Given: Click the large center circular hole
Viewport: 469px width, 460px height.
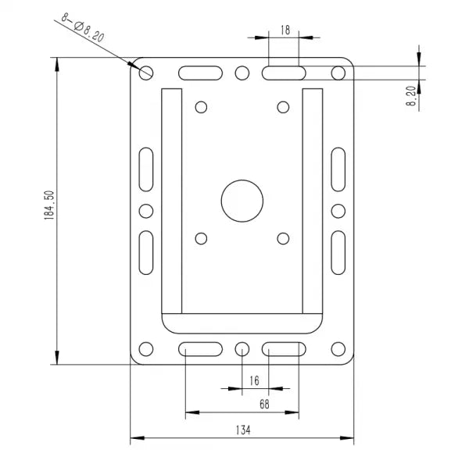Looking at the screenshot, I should (242, 201).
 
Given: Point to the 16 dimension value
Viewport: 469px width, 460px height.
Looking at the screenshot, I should (254, 380).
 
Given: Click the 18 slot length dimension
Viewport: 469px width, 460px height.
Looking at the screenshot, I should (285, 30).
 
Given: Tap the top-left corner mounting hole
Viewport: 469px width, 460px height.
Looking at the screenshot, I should (146, 73).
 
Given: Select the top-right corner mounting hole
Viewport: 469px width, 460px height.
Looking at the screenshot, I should (338, 73).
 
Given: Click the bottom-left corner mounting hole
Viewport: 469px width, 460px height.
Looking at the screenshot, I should (146, 348).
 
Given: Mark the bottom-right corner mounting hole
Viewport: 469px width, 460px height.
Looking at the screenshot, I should (338, 348).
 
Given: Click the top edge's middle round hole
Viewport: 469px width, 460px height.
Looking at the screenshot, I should (242, 73).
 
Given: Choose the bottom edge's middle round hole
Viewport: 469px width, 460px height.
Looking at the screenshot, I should (242, 348).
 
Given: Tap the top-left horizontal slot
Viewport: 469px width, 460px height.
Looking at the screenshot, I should (200, 73).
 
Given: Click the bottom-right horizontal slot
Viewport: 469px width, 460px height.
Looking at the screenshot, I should (283, 348).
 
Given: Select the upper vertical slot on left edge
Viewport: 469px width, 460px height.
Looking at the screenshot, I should (146, 169).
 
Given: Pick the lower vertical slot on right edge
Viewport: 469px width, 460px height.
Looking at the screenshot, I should (338, 252).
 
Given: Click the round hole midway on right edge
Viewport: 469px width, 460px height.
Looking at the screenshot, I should (338, 211).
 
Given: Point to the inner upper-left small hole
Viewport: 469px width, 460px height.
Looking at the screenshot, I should (201, 106).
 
